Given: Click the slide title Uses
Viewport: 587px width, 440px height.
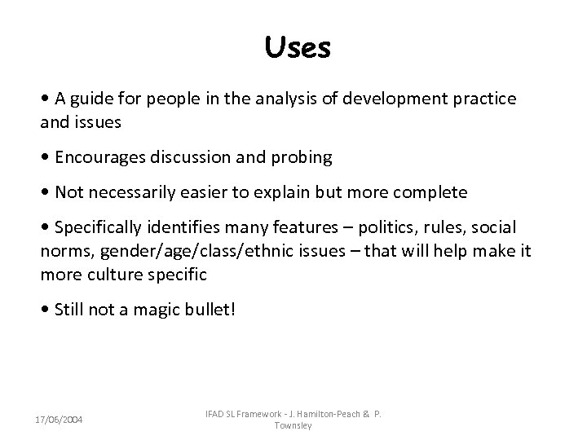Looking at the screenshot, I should point(298,47).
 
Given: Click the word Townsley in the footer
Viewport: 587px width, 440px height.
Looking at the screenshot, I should point(294,425).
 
